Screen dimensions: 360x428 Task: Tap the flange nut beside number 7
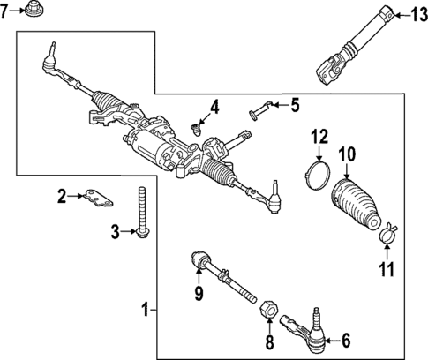(34, 13)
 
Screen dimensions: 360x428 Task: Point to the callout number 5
(295, 106)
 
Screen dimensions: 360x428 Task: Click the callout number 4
(214, 109)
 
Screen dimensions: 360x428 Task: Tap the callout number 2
(62, 196)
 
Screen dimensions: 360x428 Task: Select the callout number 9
(199, 292)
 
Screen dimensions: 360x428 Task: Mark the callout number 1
(145, 310)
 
